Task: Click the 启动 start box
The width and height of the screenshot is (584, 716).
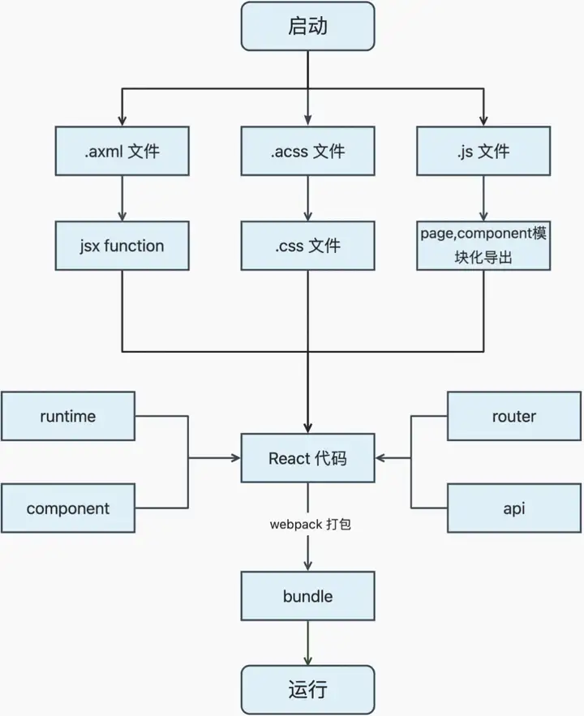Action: pos(307,26)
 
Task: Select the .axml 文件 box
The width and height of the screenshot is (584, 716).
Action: pos(122,151)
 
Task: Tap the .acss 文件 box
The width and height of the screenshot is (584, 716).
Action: pos(307,151)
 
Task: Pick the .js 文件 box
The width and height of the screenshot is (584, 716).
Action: pos(483,151)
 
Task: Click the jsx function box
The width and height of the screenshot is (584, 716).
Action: pos(122,246)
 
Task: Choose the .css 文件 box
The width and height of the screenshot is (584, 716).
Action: pos(307,246)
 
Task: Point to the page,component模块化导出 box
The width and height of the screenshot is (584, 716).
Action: pos(483,246)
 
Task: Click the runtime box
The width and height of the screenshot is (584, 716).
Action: pos(68,416)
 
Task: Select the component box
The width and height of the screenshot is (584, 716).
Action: pos(68,508)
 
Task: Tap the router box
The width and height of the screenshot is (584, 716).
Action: pos(514,416)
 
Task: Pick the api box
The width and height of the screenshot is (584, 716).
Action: pos(514,508)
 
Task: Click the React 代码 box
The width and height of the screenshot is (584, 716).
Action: pos(307,458)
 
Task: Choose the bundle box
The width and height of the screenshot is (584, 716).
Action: pos(307,596)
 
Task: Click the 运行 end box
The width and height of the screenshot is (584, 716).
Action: pos(307,689)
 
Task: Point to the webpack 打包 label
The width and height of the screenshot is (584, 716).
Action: pos(311,524)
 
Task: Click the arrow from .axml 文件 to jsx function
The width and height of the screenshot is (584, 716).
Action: pos(122,198)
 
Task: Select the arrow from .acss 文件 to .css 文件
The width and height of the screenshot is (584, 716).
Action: pos(307,198)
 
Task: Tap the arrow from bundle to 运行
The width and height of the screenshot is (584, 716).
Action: pos(307,643)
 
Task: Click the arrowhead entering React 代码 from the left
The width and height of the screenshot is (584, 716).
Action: pos(237,457)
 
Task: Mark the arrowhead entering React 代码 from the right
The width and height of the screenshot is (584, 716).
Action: pos(380,457)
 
